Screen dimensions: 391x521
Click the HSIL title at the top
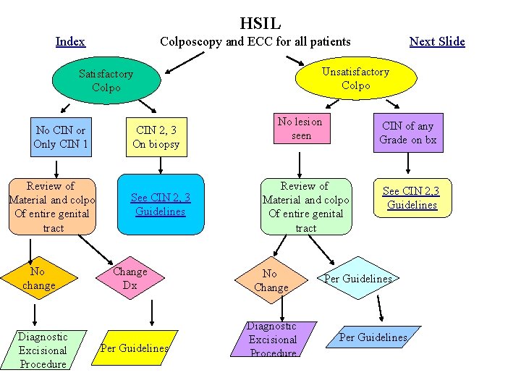pyautogui.click(x=260, y=24)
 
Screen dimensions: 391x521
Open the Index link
pyautogui.click(x=70, y=41)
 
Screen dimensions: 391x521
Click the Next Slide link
pyautogui.click(x=437, y=41)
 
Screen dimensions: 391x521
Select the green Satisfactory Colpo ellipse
pyautogui.click(x=106, y=81)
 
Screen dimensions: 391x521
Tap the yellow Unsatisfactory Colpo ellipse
pyautogui.click(x=355, y=78)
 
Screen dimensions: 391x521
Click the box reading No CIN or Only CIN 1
pyautogui.click(x=61, y=137)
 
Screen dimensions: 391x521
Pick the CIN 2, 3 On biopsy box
pyautogui.click(x=156, y=137)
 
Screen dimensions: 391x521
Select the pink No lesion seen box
pyautogui.click(x=301, y=128)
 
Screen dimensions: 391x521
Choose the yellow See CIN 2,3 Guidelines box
pyautogui.click(x=410, y=198)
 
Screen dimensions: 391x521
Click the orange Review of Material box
pyautogui.click(x=52, y=206)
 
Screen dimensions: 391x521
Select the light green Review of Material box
pyautogui.click(x=305, y=206)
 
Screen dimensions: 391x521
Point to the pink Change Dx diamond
pyautogui.click(x=130, y=279)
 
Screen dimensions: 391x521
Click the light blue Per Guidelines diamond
pyautogui.click(x=357, y=279)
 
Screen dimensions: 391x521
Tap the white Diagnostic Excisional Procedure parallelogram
pyautogui.click(x=43, y=350)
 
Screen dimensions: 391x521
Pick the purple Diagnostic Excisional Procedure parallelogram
pyautogui.click(x=273, y=340)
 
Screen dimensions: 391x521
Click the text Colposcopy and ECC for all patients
pyautogui.click(x=255, y=41)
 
